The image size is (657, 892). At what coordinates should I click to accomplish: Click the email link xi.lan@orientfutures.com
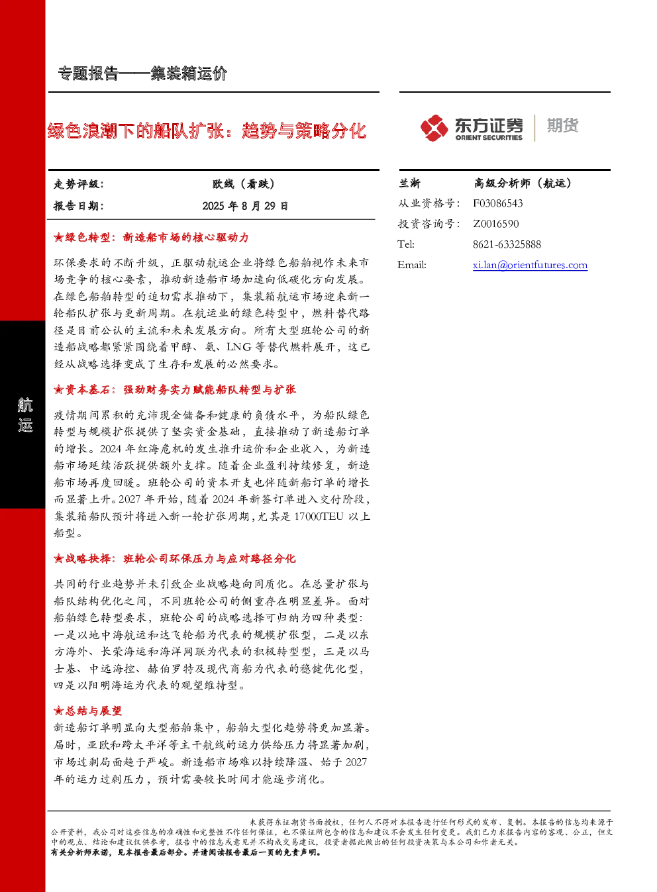[x=530, y=265]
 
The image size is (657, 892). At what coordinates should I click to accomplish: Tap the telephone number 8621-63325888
[x=507, y=244]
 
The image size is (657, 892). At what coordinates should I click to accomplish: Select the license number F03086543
[x=498, y=203]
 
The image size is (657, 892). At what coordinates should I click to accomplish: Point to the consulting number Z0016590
[x=496, y=224]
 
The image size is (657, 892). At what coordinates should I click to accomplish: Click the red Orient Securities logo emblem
[x=434, y=128]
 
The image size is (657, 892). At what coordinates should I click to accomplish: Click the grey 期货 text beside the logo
[x=562, y=125]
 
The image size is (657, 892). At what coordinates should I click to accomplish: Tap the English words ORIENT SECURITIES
[x=489, y=138]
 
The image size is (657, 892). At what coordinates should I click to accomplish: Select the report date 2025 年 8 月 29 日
[x=245, y=206]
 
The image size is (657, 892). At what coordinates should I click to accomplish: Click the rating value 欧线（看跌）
[x=244, y=184]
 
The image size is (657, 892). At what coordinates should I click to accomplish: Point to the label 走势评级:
[x=78, y=184]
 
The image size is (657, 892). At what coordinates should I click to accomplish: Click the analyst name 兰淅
[x=409, y=183]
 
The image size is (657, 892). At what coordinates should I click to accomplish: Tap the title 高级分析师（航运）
[x=523, y=183]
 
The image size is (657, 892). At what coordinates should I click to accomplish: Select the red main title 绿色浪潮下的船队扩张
[x=136, y=131]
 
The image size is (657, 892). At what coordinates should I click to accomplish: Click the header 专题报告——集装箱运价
[x=142, y=74]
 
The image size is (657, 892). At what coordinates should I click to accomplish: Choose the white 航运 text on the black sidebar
[x=25, y=415]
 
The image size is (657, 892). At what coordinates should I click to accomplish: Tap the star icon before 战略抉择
[x=58, y=559]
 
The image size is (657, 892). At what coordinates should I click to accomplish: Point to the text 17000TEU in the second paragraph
[x=319, y=517]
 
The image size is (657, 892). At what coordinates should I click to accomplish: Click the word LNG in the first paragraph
[x=239, y=347]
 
